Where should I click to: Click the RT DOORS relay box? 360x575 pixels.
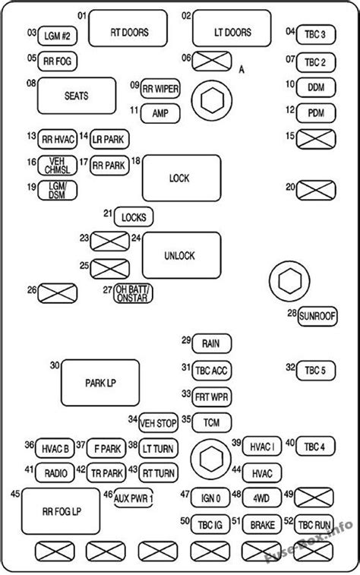click(x=128, y=28)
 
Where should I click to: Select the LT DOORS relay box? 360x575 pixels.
click(x=232, y=28)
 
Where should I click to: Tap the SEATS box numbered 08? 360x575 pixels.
click(x=77, y=96)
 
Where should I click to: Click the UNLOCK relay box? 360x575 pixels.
click(x=182, y=255)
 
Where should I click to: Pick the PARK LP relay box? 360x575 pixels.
click(x=100, y=383)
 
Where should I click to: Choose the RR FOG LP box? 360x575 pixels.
click(x=61, y=511)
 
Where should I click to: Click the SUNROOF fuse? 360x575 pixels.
click(x=317, y=316)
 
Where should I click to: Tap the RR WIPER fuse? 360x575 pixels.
click(x=160, y=89)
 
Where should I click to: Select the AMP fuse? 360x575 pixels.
click(x=160, y=114)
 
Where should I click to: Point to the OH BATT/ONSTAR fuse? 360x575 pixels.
click(x=133, y=293)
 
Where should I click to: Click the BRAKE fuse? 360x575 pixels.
click(x=262, y=524)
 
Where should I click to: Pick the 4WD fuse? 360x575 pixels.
click(x=261, y=498)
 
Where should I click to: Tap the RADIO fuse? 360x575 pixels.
click(x=55, y=472)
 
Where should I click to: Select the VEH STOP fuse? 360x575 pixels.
click(x=158, y=423)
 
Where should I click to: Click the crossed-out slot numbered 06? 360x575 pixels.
click(x=212, y=61)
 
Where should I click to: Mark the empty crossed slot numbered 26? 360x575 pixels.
click(x=57, y=293)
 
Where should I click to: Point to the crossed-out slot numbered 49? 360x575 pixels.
click(x=314, y=498)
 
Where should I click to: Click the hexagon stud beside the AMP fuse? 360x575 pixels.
click(x=212, y=101)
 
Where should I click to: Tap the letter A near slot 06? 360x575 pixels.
click(x=242, y=69)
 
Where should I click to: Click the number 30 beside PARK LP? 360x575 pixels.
click(x=55, y=365)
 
